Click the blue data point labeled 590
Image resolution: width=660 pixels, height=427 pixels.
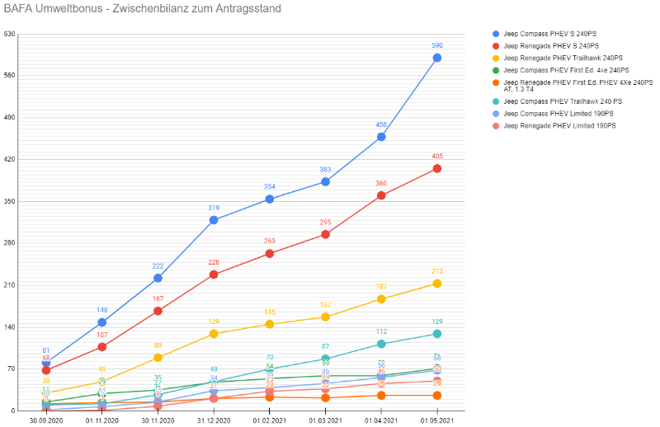pos(436,58)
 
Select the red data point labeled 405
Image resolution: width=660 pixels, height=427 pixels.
pos(436,168)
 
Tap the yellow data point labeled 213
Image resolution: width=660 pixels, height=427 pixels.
pos(436,284)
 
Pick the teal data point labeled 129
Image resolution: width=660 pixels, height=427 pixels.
pos(436,334)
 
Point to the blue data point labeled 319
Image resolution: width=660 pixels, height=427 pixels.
pos(214,220)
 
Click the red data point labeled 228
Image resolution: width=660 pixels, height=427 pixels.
pos(214,274)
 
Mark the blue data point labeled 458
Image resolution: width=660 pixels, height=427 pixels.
pos(381,137)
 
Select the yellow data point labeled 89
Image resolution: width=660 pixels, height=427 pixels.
pos(158,358)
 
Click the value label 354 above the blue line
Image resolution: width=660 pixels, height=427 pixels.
pos(270,187)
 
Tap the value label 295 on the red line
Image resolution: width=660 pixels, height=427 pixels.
pos(325,223)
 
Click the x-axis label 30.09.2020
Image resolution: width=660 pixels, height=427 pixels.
pos(46,420)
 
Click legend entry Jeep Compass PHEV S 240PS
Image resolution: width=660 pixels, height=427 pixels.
pos(550,34)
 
